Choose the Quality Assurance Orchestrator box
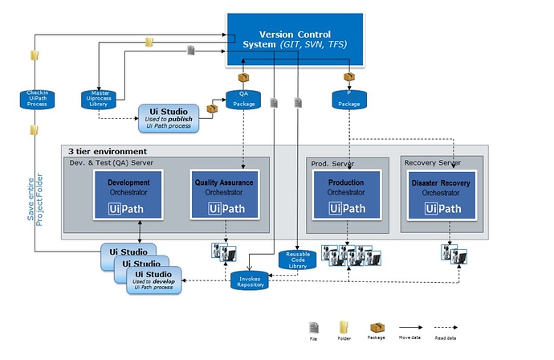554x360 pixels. [x=224, y=194]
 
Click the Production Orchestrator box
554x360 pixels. [x=346, y=194]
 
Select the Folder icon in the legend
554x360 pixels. [x=343, y=328]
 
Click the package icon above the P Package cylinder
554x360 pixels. [x=349, y=77]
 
